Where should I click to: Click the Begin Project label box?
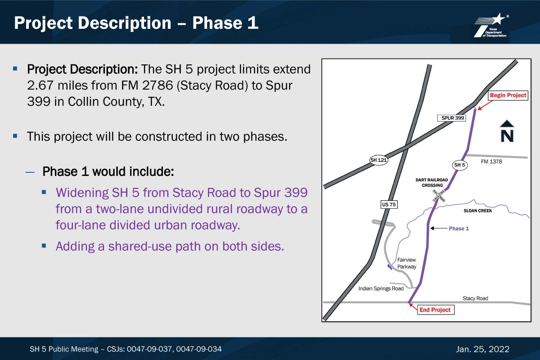click(508, 95)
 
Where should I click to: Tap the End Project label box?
click(436, 310)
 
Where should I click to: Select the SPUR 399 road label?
click(451, 118)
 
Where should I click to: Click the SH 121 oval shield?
click(378, 160)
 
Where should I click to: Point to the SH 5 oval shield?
click(459, 165)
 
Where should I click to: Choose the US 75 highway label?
click(389, 204)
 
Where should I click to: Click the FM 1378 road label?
click(491, 162)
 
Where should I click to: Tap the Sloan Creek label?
click(478, 211)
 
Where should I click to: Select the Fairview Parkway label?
click(407, 263)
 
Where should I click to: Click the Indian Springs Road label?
click(381, 288)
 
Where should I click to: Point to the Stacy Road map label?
click(475, 298)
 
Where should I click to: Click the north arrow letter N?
click(507, 136)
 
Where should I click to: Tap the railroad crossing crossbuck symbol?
click(439, 196)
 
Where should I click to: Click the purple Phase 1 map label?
click(459, 229)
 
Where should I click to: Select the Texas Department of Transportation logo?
click(491, 26)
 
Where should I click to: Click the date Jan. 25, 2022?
click(482, 349)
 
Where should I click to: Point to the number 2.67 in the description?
click(40, 85)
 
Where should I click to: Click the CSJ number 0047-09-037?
click(149, 349)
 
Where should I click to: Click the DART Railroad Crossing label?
click(432, 183)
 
